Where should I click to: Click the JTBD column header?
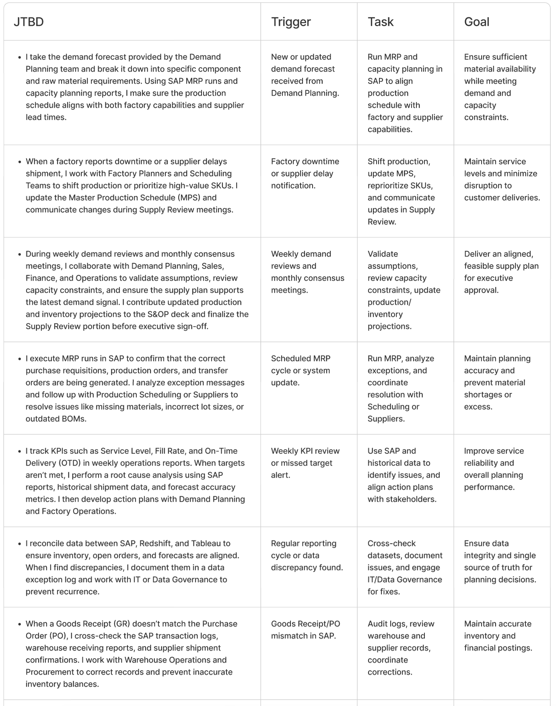coord(29,22)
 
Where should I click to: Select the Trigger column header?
coord(291,22)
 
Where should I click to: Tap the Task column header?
coord(381,22)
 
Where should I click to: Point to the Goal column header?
coord(477,22)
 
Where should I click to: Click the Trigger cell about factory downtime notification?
coord(305,173)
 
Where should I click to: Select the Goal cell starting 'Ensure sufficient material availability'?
coord(500,87)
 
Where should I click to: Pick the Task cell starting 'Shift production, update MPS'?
coord(401,191)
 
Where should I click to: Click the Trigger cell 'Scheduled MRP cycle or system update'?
coord(301,370)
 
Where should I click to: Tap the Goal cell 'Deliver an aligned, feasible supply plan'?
coord(501,272)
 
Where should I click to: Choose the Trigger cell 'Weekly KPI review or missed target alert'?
coord(305,463)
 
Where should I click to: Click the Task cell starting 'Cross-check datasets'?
coord(405,567)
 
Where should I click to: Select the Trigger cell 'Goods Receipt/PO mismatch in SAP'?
coord(305,630)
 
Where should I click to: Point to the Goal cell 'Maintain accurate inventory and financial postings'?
coord(498,636)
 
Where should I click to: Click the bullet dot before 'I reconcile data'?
coord(19,544)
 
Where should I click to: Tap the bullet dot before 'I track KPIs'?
coord(19,452)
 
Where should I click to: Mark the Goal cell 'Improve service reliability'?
coord(494,469)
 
